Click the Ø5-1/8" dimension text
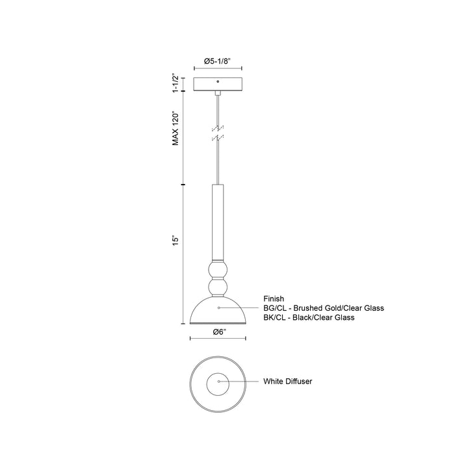tap(214, 60)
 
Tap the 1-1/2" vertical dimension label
tap(175, 83)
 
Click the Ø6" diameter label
tap(218, 331)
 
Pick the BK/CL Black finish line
tap(309, 317)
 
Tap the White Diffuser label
tap(289, 382)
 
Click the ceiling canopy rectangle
tap(218, 84)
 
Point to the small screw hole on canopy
tap(218, 83)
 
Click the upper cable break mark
tap(218, 128)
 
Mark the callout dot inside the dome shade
tap(218, 306)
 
